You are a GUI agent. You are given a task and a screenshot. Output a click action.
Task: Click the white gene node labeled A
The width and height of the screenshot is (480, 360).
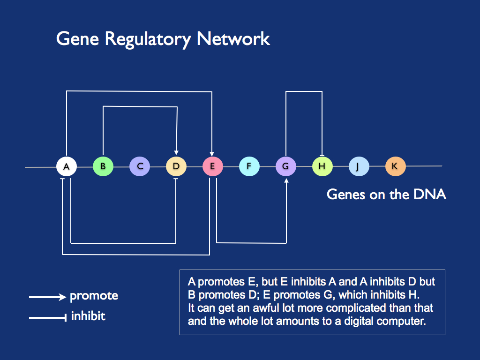pyautogui.click(x=67, y=166)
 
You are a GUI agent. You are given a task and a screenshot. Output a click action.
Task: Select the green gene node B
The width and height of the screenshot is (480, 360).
pyautogui.click(x=103, y=166)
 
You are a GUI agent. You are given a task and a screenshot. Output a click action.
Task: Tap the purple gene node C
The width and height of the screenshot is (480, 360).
pyautogui.click(x=140, y=166)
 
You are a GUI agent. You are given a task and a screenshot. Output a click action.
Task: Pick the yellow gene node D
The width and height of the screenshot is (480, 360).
pyautogui.click(x=176, y=166)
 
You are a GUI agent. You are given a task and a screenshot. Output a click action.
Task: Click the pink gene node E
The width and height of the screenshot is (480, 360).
pyautogui.click(x=212, y=166)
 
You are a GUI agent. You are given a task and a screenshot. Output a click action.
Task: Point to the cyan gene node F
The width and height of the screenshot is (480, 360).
pyautogui.click(x=249, y=166)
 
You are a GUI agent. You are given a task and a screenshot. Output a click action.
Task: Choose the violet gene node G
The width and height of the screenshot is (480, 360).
pyautogui.click(x=285, y=166)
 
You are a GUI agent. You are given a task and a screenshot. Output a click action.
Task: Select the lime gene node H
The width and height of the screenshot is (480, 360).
pyautogui.click(x=322, y=166)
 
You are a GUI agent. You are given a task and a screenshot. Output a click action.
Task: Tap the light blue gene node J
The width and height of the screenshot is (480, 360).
pyautogui.click(x=359, y=166)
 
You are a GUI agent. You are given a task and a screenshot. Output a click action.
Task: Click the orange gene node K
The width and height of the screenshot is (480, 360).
pyautogui.click(x=395, y=166)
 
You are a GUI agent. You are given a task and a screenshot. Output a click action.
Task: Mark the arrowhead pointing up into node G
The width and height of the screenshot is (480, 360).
pyautogui.click(x=286, y=180)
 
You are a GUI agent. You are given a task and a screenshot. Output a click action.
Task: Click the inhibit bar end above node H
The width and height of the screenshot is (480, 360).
pyautogui.click(x=322, y=155)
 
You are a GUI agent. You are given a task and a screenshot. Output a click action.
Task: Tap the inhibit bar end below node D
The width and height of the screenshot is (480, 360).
pyautogui.click(x=176, y=179)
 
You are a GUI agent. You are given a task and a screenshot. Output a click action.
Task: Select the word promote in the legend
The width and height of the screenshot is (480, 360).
pyautogui.click(x=94, y=296)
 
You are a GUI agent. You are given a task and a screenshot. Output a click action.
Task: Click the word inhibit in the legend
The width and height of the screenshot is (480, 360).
pyautogui.click(x=88, y=316)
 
